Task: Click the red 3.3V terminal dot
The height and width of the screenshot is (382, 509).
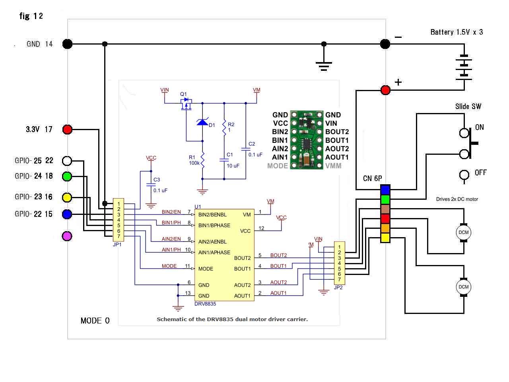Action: click(68, 129)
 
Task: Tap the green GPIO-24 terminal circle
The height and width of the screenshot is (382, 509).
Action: click(68, 176)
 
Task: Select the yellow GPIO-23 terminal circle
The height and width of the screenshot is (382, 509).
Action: click(68, 197)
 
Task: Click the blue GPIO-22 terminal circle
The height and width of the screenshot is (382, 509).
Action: click(68, 214)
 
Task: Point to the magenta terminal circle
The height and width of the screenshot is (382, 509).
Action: click(68, 236)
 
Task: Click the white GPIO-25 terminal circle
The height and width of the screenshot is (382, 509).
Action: click(68, 161)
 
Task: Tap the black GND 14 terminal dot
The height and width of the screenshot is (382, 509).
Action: click(68, 44)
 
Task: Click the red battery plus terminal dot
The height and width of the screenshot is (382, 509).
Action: click(385, 90)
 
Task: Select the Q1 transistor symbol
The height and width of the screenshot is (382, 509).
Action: click(186, 104)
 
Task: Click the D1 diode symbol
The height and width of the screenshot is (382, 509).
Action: click(202, 122)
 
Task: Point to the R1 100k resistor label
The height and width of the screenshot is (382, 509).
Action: click(194, 160)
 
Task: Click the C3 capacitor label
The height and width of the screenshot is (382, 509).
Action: click(157, 180)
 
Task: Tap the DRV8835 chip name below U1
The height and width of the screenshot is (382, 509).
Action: click(205, 304)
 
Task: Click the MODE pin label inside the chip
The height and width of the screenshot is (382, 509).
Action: click(206, 269)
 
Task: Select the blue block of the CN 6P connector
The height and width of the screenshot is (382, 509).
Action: click(385, 189)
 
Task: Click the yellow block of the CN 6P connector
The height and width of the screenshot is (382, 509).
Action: click(385, 238)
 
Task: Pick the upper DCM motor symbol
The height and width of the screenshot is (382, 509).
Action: click(463, 232)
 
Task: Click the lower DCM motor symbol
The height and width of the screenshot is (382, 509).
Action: click(463, 287)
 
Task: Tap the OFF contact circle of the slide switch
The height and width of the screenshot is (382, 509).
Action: click(464, 175)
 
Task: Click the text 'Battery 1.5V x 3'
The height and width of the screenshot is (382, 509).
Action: click(457, 32)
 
